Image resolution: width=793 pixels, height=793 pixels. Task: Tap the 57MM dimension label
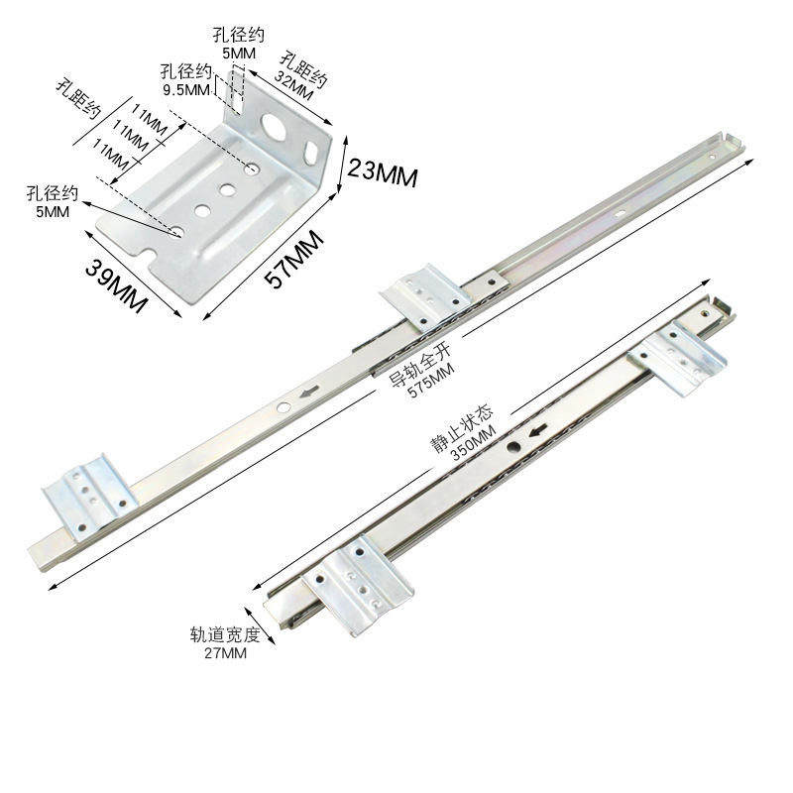tap(296, 257)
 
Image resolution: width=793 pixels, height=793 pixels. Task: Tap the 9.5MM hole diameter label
tap(185, 88)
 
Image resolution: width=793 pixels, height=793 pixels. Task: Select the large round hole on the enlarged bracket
tap(276, 124)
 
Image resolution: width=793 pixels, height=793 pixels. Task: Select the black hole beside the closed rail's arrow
tap(514, 447)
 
